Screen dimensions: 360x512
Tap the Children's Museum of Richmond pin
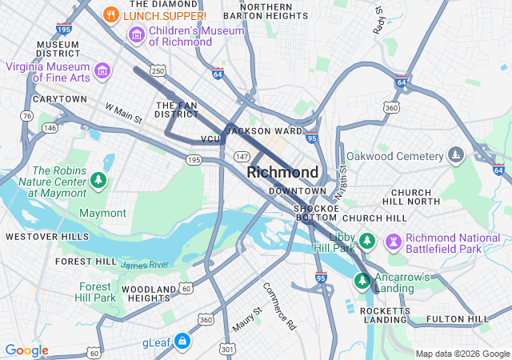(136, 35)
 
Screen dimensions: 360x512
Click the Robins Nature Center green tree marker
(98, 181)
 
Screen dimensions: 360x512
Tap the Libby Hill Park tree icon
(366, 240)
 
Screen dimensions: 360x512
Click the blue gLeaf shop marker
(182, 342)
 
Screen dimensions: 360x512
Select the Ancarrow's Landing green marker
(362, 281)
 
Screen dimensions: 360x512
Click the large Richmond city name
(282, 172)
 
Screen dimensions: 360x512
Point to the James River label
(145, 265)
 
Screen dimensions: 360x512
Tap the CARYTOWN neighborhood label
(59, 99)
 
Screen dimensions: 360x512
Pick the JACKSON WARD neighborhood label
(264, 130)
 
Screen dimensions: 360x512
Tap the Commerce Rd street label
(278, 306)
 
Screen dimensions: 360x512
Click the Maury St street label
(247, 320)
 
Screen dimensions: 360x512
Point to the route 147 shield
(242, 156)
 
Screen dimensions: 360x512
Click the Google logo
(27, 350)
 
